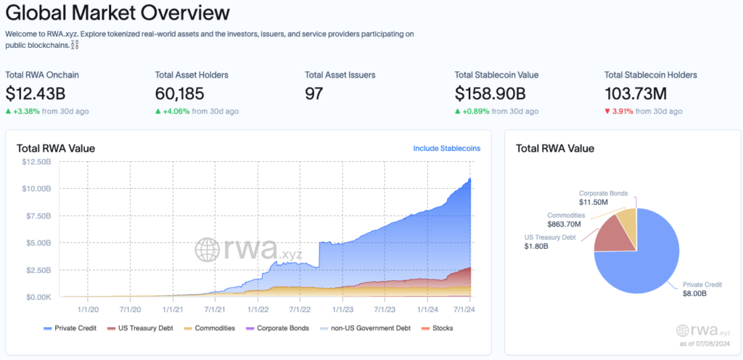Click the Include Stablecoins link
click(x=447, y=148)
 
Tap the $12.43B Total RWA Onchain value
click(x=36, y=94)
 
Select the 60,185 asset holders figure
click(x=180, y=94)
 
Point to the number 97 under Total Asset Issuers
click(x=313, y=94)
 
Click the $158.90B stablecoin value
click(x=490, y=94)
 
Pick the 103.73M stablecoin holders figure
click(x=636, y=94)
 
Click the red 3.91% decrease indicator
click(x=619, y=111)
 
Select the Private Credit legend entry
click(x=70, y=328)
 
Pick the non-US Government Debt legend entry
click(x=365, y=328)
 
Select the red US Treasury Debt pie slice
click(x=615, y=234)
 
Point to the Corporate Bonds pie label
click(x=603, y=193)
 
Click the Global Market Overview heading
click(x=118, y=13)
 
